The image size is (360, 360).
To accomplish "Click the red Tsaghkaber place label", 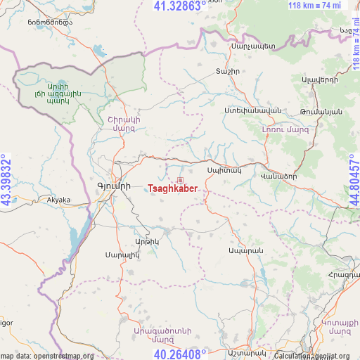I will pos(178,189).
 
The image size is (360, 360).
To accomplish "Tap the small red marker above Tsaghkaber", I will pos(180,180).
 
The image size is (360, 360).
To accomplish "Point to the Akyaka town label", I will pos(58,200).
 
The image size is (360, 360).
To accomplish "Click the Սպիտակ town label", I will pos(224,170).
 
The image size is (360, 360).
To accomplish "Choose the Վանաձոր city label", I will pos(278,176).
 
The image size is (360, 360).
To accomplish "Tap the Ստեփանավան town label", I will pos(243,111).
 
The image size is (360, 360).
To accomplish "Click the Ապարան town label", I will pos(245,251).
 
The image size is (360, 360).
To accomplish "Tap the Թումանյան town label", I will pos(321,112).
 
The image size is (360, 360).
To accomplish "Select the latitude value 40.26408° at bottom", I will pos(180,354).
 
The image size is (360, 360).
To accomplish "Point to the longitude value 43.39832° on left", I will pos(6,180).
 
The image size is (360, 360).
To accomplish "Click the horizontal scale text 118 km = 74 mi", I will pos(314,6).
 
